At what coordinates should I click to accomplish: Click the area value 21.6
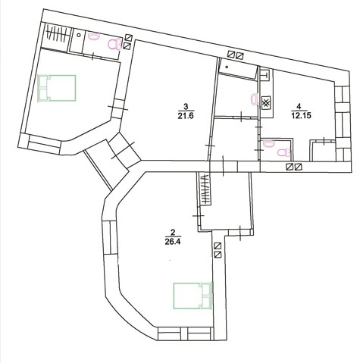point(186,116)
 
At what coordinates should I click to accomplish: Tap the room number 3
point(186,106)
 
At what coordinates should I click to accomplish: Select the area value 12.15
point(301,115)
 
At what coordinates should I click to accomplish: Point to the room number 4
point(299,106)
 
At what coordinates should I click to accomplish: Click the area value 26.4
point(173,242)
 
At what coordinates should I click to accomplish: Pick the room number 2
point(173,232)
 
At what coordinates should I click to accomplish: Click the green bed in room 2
point(192,296)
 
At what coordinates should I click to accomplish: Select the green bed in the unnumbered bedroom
point(57,88)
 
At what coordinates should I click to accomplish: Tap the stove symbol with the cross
point(265,103)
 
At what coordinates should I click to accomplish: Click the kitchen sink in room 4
point(265,75)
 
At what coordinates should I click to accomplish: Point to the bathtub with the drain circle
point(238,68)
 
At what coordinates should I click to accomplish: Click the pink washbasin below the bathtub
point(255,99)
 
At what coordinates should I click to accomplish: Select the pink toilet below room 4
point(284,153)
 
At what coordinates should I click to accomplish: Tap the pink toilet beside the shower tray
point(115,44)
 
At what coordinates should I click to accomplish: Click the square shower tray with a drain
point(77,40)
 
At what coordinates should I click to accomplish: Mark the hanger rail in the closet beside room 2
point(206,189)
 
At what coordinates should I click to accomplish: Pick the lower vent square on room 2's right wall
point(218,255)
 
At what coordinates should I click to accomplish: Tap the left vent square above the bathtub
point(231,54)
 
